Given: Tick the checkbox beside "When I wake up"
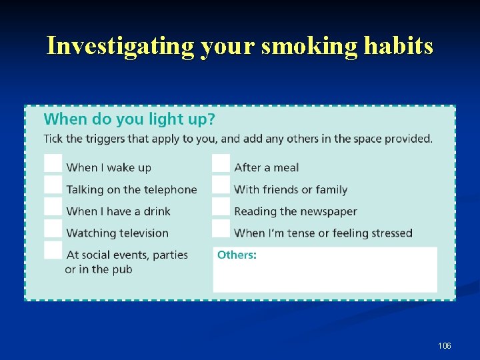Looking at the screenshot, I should coord(53,163).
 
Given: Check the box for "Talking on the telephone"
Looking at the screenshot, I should coord(53,185).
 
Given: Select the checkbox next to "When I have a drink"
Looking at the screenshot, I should coord(53,207).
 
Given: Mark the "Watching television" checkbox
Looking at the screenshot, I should coord(53,229).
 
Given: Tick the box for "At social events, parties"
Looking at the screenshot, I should coord(53,250).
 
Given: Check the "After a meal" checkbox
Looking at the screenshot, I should coord(221,163).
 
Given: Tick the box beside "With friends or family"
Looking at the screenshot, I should coord(221,185).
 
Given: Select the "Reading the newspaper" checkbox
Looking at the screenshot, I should coord(221,207).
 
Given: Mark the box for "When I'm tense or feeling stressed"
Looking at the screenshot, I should coord(221,229).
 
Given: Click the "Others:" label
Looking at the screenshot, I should coord(237,255).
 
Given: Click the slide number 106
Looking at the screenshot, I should coord(445,345).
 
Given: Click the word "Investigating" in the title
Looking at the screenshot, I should coord(117,46).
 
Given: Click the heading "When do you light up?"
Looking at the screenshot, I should coord(129,119).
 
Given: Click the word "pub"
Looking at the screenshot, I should coord(123,269).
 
